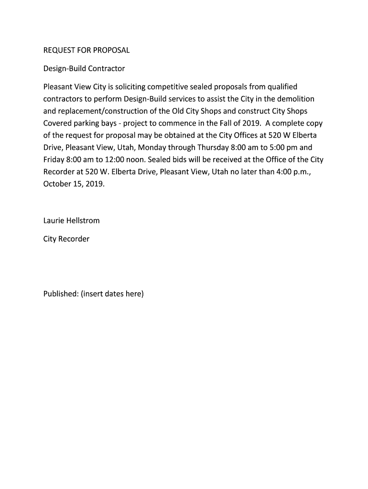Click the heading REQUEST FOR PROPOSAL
click(87, 50)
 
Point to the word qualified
click(282, 86)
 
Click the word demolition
click(296, 99)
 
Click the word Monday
click(152, 148)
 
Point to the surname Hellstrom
click(84, 221)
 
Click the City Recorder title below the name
click(66, 239)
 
